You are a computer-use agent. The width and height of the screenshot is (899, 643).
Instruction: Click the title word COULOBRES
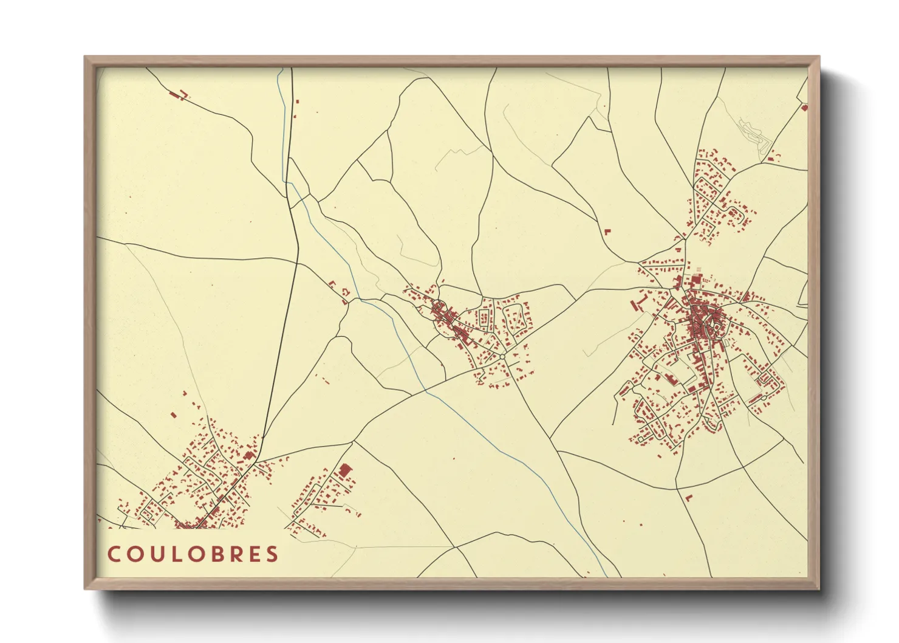point(193,554)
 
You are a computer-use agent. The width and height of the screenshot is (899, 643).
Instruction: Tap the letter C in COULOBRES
point(114,554)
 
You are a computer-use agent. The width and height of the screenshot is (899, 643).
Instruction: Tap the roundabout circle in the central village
point(503,355)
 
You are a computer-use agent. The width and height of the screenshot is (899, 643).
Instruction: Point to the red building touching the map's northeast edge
point(804,108)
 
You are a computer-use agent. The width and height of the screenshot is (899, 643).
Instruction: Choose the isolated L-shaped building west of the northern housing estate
point(606,232)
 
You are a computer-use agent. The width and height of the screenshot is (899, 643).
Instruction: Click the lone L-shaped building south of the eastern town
point(688,498)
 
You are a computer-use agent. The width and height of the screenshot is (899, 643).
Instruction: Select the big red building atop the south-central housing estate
point(344,470)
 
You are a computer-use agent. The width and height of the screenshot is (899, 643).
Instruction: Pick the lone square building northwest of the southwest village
point(173,416)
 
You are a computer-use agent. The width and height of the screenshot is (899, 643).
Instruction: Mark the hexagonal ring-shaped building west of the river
point(344,294)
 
